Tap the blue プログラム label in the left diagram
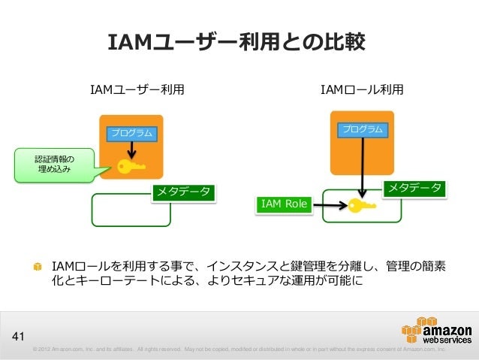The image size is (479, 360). [x=132, y=133]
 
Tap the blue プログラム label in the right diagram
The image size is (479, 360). [x=363, y=129]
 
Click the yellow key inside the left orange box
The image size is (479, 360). [x=131, y=165]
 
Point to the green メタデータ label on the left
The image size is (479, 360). [x=183, y=192]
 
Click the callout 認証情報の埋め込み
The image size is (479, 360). [x=53, y=165]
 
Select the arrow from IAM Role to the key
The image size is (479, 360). [x=330, y=204]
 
